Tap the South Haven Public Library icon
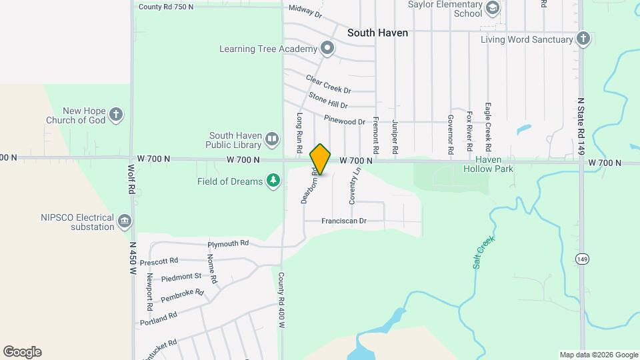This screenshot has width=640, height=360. click(272, 139)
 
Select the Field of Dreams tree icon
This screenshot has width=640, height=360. click(273, 181)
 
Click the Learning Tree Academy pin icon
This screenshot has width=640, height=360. click(327, 49)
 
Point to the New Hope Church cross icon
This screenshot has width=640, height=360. click(116, 115)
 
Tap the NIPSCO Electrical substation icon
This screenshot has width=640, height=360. click(124, 221)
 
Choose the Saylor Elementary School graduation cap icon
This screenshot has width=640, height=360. click(493, 9)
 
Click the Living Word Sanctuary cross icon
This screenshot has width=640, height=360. click(583, 39)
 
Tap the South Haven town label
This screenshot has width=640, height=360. click(377, 32)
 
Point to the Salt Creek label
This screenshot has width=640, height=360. click(485, 251)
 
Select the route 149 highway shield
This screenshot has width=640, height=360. click(582, 258)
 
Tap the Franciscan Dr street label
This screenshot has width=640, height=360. click(344, 221)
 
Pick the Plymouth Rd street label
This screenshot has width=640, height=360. click(228, 243)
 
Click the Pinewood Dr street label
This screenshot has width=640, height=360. click(345, 121)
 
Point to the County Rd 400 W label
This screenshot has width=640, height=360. click(281, 300)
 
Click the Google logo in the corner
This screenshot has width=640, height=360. click(22, 352)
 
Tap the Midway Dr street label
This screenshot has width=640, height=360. click(305, 11)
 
